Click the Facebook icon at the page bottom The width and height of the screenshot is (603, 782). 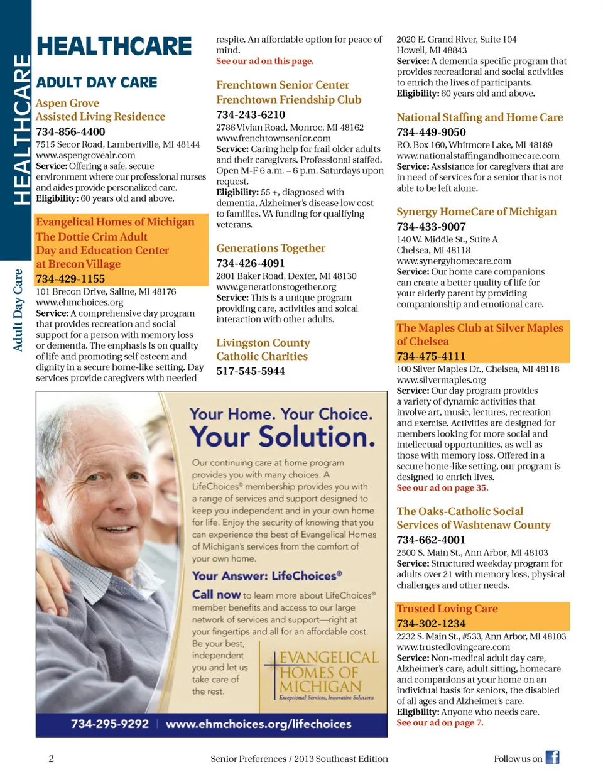(x=552, y=758)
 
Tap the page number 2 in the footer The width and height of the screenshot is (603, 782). (x=52, y=758)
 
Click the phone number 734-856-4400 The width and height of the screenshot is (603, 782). (x=70, y=132)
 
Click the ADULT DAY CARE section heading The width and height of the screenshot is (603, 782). (x=97, y=82)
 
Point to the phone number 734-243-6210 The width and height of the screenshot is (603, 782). (x=251, y=115)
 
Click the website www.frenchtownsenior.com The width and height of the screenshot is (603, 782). (x=273, y=138)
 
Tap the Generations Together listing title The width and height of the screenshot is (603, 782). (x=271, y=248)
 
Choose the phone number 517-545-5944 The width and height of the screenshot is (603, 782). (x=251, y=371)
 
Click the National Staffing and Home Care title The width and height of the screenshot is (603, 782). (x=479, y=117)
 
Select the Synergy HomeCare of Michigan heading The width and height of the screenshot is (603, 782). (x=476, y=212)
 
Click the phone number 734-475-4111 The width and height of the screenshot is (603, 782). (x=431, y=356)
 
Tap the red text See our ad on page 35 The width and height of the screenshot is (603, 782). (x=442, y=488)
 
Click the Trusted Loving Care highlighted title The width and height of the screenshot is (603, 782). (x=447, y=609)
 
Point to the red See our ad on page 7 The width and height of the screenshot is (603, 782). (x=440, y=723)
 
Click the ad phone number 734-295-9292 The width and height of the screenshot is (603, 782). (x=110, y=724)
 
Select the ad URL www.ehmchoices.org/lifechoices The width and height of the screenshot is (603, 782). (x=258, y=724)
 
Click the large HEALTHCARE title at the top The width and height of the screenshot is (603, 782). (x=114, y=46)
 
